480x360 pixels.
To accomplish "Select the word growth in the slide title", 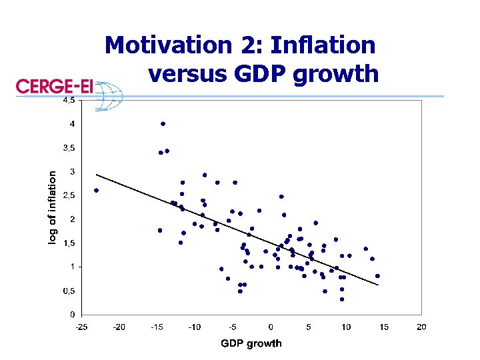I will coord(338,75).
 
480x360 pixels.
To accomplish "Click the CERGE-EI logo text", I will coord(53,88).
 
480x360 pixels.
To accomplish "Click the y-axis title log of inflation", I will coord(53,207).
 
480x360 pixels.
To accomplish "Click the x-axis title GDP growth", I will coord(251,343).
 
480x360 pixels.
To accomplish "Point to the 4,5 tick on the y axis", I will coord(69,101).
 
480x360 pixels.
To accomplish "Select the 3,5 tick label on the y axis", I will coord(69,148).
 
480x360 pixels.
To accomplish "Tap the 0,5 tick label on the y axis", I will coord(69,291).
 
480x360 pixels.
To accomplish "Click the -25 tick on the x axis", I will coord(81,327).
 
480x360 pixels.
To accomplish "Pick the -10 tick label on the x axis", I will coord(194,327).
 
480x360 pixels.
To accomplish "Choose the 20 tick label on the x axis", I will coord(421,327).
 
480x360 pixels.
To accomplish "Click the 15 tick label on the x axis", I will coord(383,327).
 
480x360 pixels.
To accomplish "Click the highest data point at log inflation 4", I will coord(163,124).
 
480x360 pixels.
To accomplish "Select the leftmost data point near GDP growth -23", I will coord(96,190).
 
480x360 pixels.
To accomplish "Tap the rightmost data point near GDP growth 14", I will coord(377,275).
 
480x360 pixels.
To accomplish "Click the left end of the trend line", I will coord(97,175).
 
